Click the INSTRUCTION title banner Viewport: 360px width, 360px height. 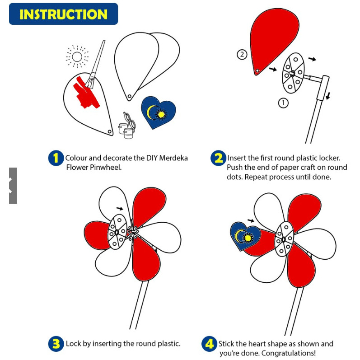(x=63, y=14)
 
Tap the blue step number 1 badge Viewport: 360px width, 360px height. (x=56, y=158)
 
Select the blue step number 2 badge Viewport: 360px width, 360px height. (x=218, y=158)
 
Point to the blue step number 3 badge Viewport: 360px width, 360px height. (x=56, y=344)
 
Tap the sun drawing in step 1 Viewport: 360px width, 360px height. (x=77, y=56)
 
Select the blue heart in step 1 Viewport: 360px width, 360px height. (x=158, y=113)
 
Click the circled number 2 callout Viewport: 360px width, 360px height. (x=242, y=55)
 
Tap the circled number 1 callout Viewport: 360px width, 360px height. (x=283, y=103)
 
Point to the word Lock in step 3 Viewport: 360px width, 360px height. (x=74, y=344)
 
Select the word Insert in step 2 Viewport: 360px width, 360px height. (x=238, y=158)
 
